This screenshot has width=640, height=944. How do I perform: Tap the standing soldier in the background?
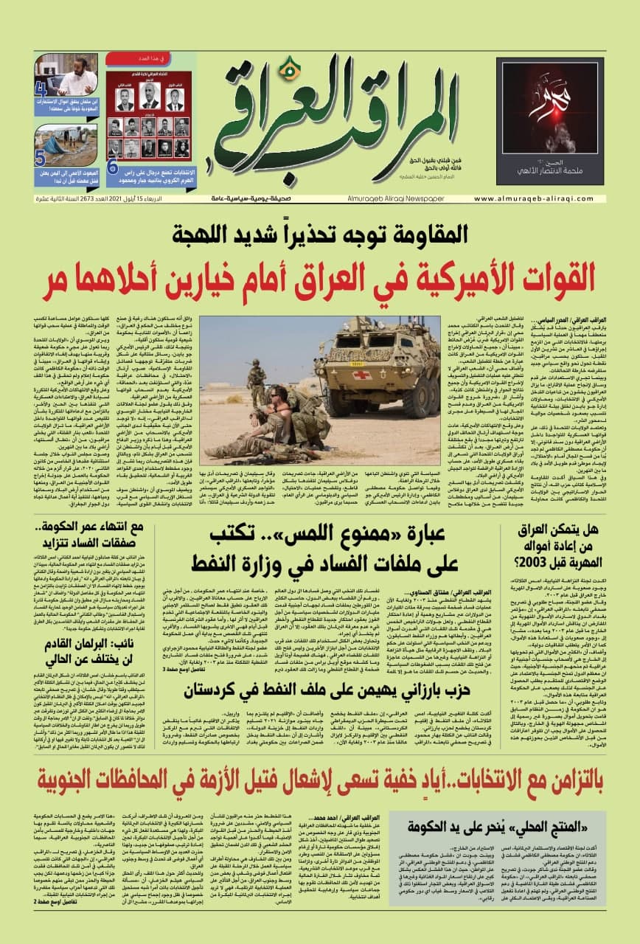pos(257,378)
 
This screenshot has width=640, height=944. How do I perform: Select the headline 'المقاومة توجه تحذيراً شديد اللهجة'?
pos(320,237)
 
